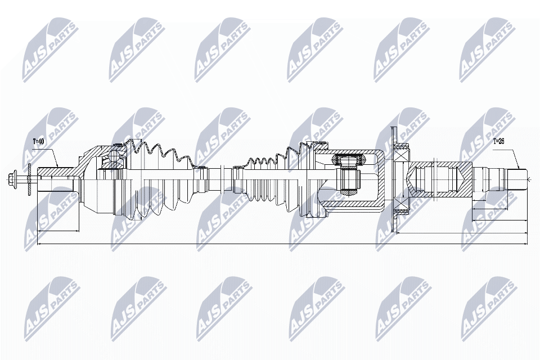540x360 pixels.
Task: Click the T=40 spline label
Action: pos(38,141)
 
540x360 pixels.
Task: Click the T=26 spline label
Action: pos(499,141)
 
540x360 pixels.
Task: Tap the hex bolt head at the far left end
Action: pos(14,180)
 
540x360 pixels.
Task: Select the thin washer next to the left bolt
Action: pos(29,180)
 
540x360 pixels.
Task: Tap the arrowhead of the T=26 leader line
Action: pos(516,168)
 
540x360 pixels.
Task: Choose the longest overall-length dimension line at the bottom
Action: pos(281,244)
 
